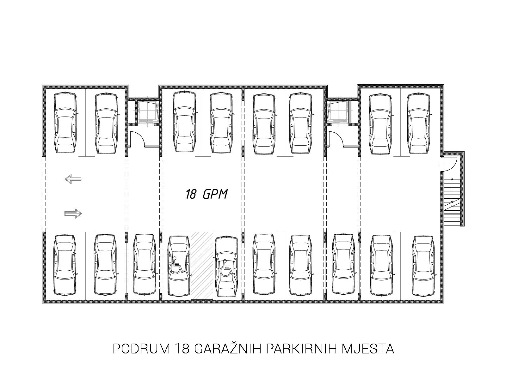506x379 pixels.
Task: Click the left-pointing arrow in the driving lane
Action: tap(73, 179)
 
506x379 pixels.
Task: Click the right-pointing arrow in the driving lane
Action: tap(73, 214)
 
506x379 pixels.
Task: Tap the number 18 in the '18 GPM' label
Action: tap(191, 194)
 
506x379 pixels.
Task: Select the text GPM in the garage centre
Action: tap(215, 194)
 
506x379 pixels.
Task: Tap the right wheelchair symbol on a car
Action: tap(227, 268)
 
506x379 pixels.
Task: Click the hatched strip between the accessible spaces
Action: tap(202, 266)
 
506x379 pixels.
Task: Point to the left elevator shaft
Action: tap(148, 112)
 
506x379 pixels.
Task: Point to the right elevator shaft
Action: tap(338, 112)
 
